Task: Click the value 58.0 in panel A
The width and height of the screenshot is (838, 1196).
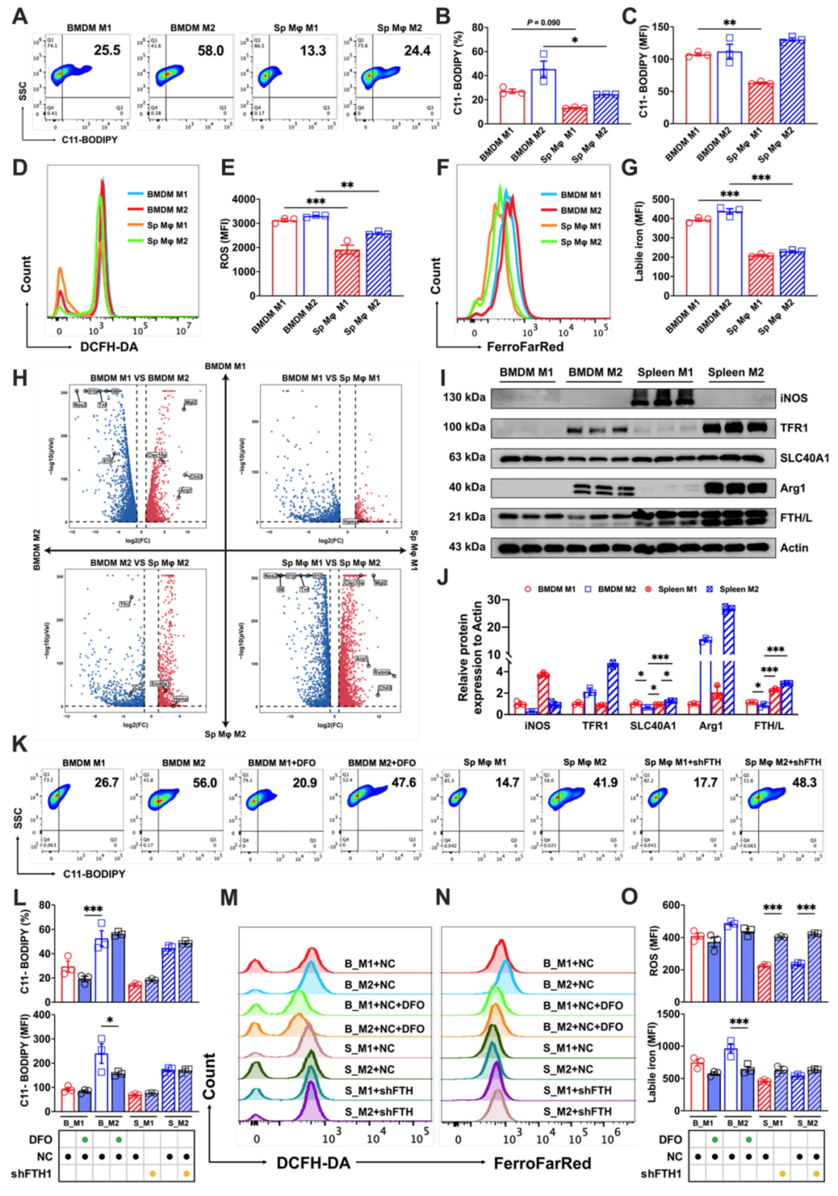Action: (x=210, y=50)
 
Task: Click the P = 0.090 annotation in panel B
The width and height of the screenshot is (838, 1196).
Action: (x=543, y=22)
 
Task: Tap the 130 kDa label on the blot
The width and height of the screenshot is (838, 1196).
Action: (x=464, y=397)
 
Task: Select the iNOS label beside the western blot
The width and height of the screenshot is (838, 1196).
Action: (x=794, y=398)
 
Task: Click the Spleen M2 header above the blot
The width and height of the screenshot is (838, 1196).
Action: (x=735, y=372)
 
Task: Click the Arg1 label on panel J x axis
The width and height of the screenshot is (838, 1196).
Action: (x=710, y=726)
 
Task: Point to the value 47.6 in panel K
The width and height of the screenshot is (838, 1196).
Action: (x=403, y=783)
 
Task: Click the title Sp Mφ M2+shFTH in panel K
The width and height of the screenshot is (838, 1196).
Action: (x=782, y=762)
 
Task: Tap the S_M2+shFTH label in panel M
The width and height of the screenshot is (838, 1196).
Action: (x=379, y=1111)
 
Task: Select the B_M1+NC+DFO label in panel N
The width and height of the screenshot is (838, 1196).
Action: (x=583, y=1005)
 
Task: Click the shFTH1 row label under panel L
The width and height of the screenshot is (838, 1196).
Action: (x=31, y=1174)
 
